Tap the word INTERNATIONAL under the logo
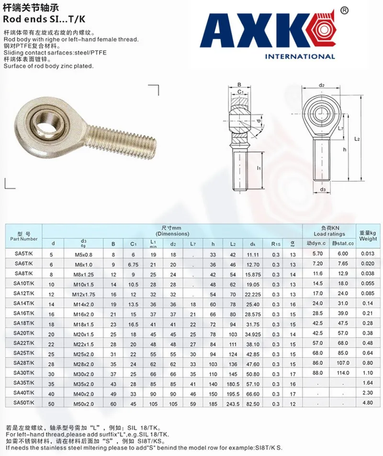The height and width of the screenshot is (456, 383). point(300,56)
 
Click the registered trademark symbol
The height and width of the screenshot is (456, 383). point(344,11)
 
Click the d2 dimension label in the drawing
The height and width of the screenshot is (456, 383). point(321,85)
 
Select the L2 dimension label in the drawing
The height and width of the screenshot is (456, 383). point(357,139)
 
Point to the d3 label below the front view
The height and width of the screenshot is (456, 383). point(322,190)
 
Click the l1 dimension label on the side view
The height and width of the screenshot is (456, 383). point(259,168)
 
